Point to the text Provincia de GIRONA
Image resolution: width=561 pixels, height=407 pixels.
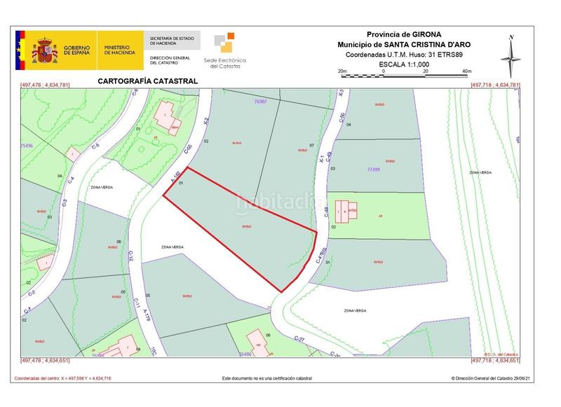coord(404,34)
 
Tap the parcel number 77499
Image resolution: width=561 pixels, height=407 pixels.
coord(377,170)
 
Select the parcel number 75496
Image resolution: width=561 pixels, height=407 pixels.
coord(27,145)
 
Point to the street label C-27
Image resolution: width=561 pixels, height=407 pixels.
coord(300,338)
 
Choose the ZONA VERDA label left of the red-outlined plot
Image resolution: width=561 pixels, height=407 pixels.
coord(173,247)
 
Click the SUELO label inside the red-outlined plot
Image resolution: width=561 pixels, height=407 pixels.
coord(246,226)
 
